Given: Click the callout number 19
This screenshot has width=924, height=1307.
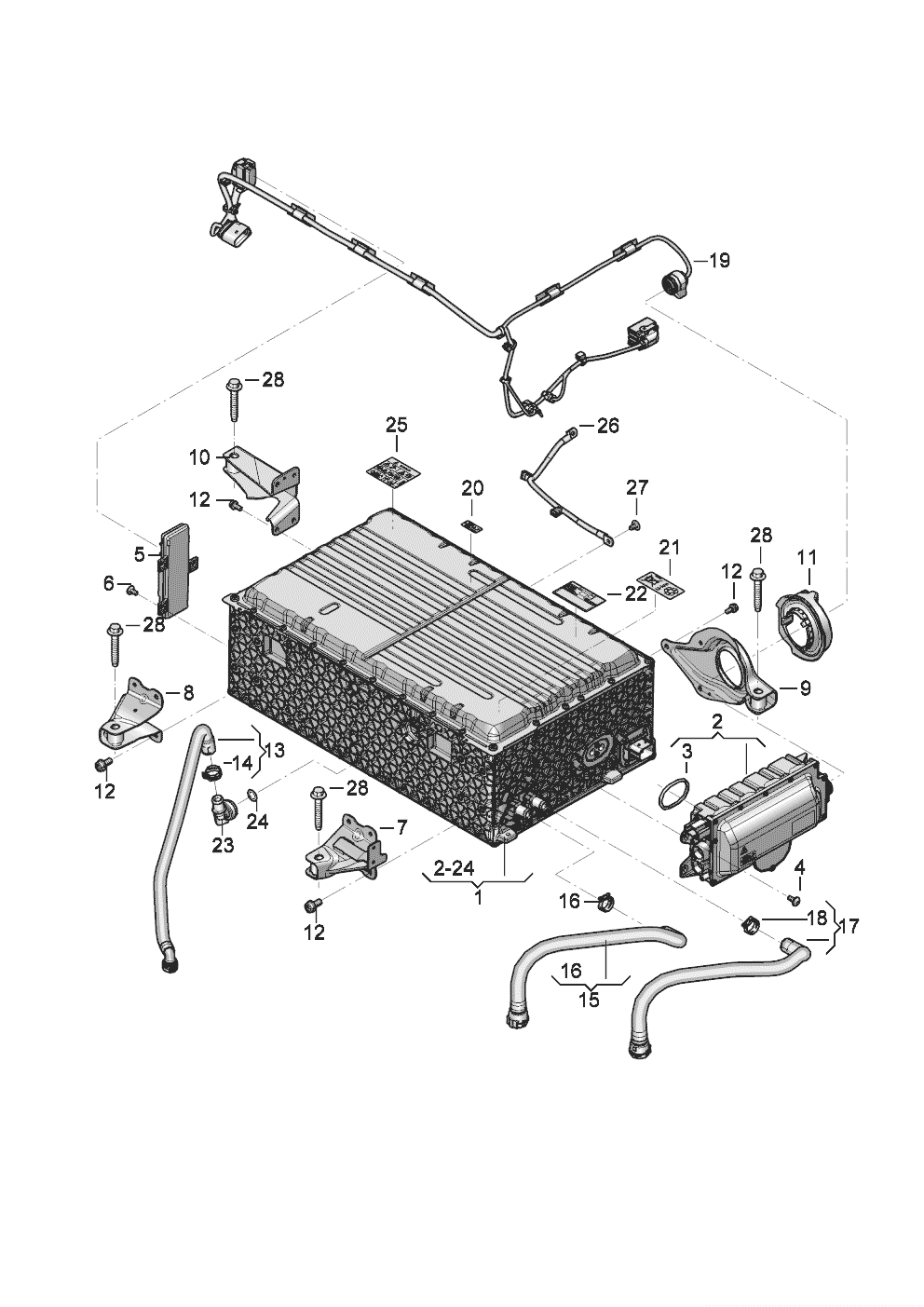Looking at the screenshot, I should point(718,261).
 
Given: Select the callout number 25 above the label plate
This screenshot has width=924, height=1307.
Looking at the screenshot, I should point(397,425).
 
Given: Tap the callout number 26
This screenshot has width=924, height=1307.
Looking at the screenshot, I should point(607,427).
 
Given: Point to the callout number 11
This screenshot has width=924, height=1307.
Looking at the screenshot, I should point(807,557).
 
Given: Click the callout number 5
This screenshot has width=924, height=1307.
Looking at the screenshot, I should point(140,555).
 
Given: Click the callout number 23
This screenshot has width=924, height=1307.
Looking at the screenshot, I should point(224,845).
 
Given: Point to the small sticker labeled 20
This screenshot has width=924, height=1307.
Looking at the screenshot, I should point(472,525).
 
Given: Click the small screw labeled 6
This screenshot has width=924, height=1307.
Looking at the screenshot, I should point(131,589).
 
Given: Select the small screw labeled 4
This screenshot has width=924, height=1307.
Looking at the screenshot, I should point(793,900).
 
